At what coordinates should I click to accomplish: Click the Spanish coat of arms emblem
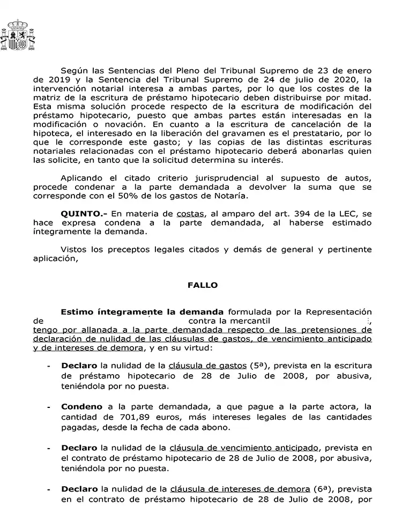(19, 35)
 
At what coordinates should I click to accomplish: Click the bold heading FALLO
(203, 285)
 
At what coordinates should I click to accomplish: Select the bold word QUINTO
(80, 214)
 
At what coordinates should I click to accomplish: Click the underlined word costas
(190, 214)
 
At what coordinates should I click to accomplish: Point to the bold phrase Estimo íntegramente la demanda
(142, 311)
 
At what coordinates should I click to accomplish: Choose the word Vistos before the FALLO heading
(73, 249)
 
